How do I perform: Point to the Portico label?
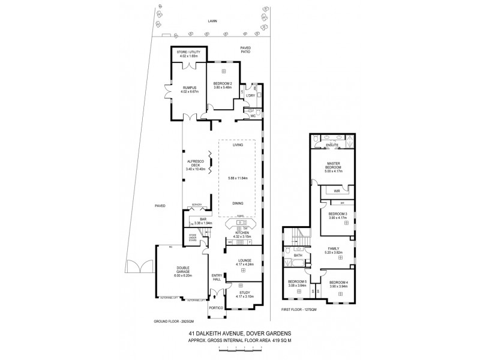coord(216,308)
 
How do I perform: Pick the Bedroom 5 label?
coord(297,284)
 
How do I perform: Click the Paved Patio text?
coord(245,50)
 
